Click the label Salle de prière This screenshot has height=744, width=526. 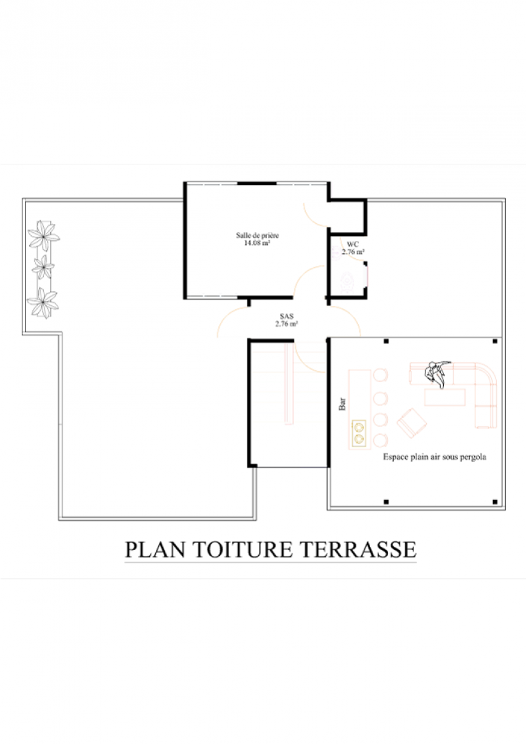(x=258, y=235)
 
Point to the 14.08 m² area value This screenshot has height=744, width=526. (x=258, y=243)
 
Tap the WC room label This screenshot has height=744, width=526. (x=353, y=244)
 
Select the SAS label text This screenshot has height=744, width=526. (x=286, y=316)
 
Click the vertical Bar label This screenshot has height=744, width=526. (x=342, y=404)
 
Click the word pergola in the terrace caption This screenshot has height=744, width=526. (x=473, y=457)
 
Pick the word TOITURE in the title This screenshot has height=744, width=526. (x=242, y=549)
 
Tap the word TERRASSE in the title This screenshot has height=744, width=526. (x=358, y=549)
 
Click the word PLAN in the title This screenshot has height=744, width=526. (x=155, y=549)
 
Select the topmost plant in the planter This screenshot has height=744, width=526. (x=44, y=235)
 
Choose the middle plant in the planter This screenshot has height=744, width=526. (x=43, y=268)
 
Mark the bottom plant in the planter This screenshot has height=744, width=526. (x=43, y=303)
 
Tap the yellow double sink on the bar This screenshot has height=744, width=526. (x=359, y=434)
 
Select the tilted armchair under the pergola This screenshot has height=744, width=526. (x=412, y=422)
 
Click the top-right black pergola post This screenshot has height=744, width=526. (x=495, y=341)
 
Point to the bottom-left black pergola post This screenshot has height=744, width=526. (x=386, y=502)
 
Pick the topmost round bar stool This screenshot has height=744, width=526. (x=380, y=375)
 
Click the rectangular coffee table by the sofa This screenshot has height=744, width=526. (x=445, y=397)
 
